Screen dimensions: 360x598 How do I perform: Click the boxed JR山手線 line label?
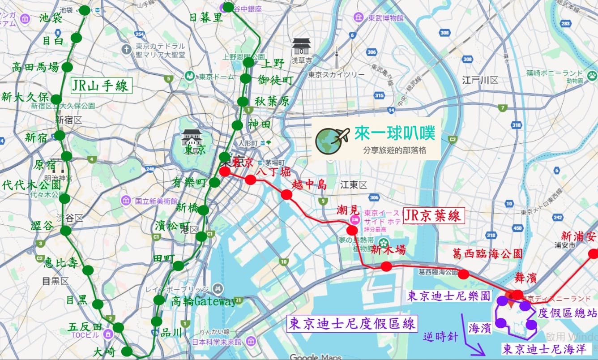pos(101,85)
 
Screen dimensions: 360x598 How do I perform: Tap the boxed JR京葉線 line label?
pos(434,216)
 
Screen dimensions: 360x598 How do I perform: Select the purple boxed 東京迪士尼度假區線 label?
pos(353,323)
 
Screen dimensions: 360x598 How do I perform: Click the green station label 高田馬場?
pos(36,68)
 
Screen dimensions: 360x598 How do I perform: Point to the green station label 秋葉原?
pos(272,102)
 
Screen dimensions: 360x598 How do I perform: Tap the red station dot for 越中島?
pos(287,195)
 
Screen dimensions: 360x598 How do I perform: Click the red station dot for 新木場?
pos(386,267)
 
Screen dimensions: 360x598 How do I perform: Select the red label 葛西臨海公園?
pos(487,253)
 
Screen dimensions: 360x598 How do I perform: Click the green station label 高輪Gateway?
pos(203,302)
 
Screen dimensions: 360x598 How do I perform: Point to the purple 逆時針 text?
pos(440,337)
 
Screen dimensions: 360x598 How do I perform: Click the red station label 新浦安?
pos(579,236)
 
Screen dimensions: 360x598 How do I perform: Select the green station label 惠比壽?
pos(61,263)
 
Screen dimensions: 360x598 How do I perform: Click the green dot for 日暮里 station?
pos(228,7)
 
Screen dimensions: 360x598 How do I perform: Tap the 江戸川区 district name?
pos(480,81)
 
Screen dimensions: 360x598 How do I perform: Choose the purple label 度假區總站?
pos(567,313)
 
